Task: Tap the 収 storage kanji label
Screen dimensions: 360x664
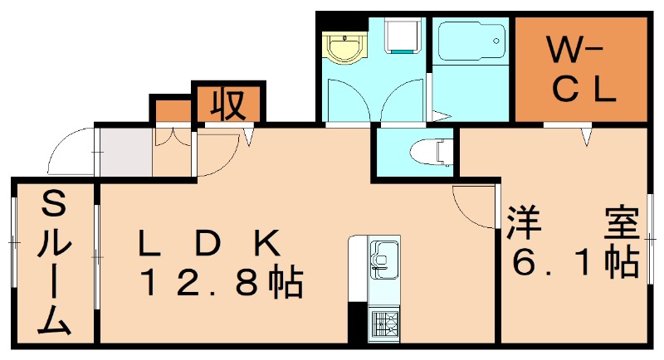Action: click(227, 104)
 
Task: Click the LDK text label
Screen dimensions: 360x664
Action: click(212, 244)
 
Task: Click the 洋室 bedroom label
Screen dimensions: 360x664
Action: click(574, 223)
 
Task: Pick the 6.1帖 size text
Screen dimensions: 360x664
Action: click(574, 263)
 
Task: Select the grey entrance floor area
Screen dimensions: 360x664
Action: click(124, 152)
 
